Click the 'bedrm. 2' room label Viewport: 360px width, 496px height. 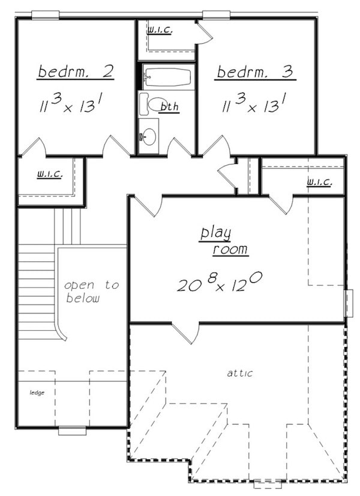click(x=76, y=72)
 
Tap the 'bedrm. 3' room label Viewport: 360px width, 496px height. click(x=254, y=73)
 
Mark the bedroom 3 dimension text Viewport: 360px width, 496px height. click(x=253, y=106)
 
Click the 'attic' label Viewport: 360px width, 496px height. click(x=239, y=373)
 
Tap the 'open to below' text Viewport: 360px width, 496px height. click(x=91, y=291)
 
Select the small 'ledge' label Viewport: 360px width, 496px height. click(x=37, y=393)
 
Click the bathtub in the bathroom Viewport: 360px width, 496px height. click(x=167, y=77)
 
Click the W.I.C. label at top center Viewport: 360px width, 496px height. click(x=160, y=29)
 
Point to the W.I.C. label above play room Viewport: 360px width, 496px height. click(x=318, y=181)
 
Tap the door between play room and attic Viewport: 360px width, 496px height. click(x=185, y=333)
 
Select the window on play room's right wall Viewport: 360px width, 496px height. click(x=347, y=303)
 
